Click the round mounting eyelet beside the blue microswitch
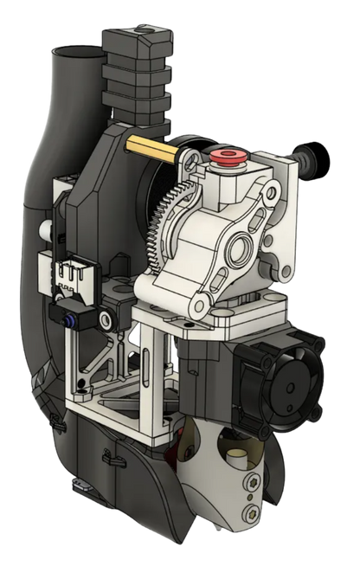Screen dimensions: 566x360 click(105, 320)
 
